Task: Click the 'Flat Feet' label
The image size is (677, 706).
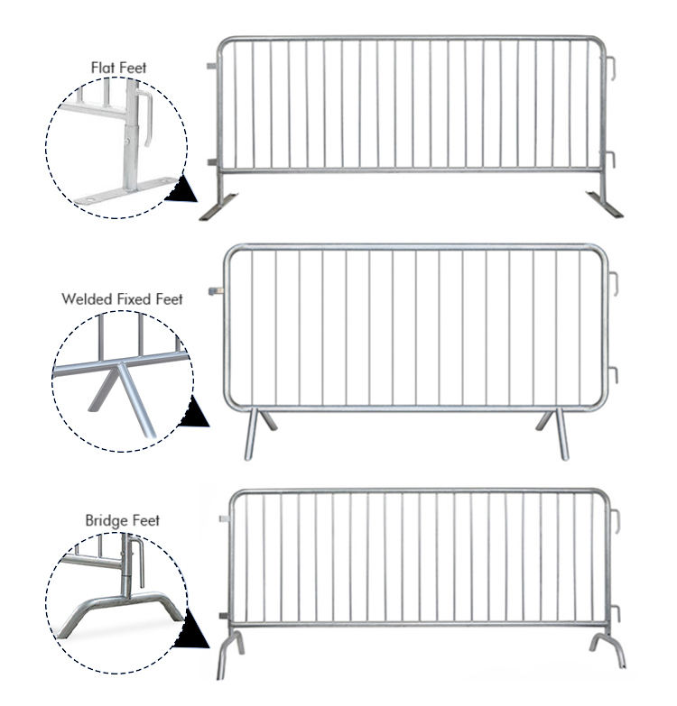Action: coord(118,68)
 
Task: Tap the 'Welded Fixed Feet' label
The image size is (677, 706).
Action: coord(122,299)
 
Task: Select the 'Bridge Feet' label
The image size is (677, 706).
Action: coord(122,520)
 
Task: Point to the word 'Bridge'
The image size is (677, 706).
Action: coord(105,521)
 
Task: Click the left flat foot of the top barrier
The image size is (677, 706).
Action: coord(218,207)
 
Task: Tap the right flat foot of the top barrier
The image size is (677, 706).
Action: coord(605,204)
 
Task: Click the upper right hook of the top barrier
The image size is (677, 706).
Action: coord(611,68)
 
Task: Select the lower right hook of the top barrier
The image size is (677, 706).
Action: coord(611,160)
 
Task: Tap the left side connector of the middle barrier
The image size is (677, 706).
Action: coord(217,291)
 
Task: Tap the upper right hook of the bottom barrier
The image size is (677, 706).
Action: coord(616,521)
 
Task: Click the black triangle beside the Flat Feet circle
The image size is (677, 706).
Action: coord(182,189)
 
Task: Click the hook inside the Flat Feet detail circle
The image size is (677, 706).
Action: coord(145,118)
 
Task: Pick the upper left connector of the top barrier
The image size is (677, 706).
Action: coord(212,66)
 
